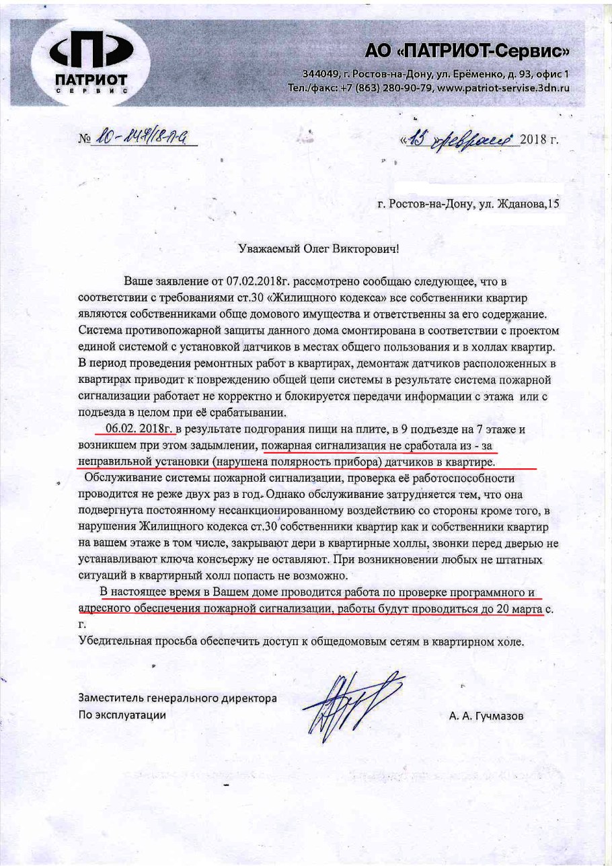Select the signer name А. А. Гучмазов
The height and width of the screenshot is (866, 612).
[x=486, y=716]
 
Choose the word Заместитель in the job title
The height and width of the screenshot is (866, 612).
[x=110, y=698]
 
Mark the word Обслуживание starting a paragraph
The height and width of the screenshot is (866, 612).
[x=124, y=478]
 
